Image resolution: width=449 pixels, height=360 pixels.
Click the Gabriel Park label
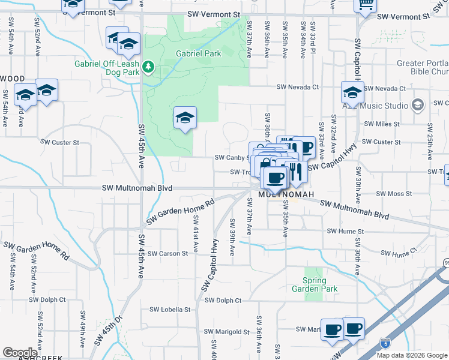[x=198, y=53]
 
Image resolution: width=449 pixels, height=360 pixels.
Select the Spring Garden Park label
[x=315, y=285]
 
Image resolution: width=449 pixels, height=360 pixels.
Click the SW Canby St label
[x=232, y=158]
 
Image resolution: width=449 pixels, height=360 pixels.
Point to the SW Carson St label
[x=168, y=254]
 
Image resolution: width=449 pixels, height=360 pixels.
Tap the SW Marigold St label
[x=226, y=331]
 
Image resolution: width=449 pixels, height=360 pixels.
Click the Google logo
[x=20, y=352]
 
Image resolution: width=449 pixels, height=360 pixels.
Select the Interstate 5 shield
[x=385, y=343]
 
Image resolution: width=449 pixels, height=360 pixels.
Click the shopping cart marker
[x=365, y=5]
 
